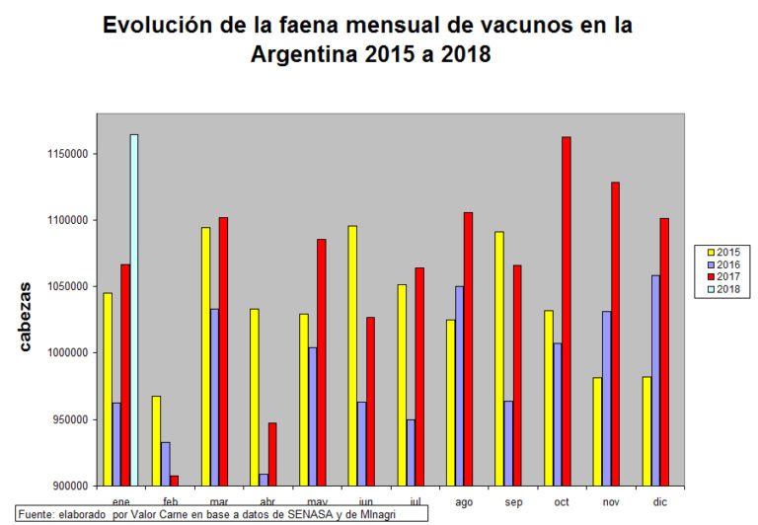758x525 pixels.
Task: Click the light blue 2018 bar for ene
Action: coord(133,310)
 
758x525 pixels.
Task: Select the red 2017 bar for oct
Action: coord(566,311)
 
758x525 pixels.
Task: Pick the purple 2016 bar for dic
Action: coord(655,380)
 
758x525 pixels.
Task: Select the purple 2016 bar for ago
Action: coord(460,386)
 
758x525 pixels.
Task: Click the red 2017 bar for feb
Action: coord(174,481)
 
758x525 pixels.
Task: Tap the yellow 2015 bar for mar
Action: coord(205,356)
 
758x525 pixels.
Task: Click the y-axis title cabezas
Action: coord(26,317)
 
